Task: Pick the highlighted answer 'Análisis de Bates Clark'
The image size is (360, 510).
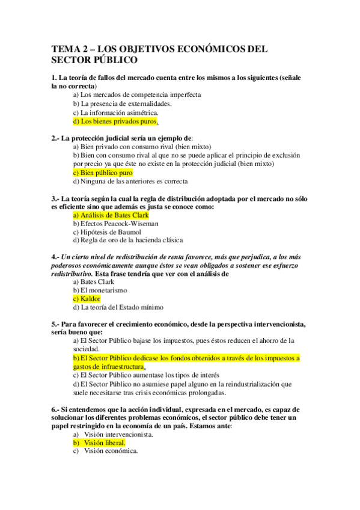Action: pos(114,215)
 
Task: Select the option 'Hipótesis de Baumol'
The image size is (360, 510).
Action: pos(111,232)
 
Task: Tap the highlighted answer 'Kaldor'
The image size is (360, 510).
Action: pos(91,298)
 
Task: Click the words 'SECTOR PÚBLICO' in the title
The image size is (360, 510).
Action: pos(94,61)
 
